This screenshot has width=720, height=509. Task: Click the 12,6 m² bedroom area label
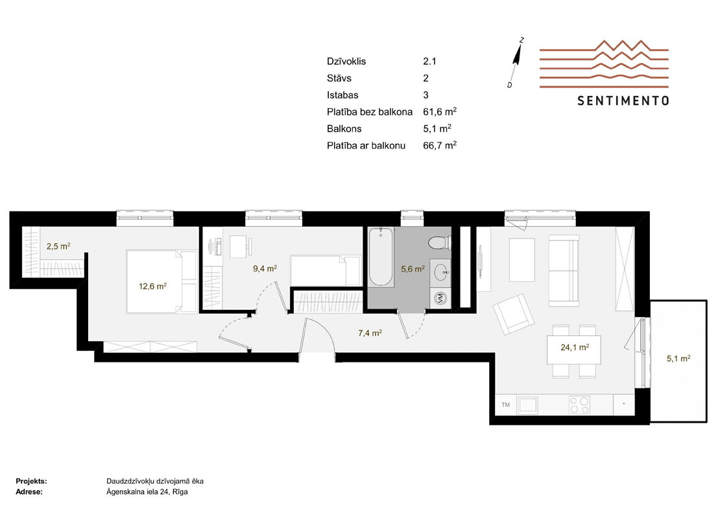coord(152,287)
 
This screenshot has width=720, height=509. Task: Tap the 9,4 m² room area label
coord(265,268)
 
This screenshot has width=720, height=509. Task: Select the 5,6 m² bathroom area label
coord(413,269)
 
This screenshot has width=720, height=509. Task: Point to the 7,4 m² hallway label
coord(370,333)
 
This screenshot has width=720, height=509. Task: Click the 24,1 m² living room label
coord(575,348)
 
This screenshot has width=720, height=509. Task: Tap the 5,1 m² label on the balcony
coord(678,359)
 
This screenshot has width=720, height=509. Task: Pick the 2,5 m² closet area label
coord(58,246)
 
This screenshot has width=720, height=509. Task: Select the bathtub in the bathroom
coord(381,257)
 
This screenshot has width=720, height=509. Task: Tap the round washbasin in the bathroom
coord(442,272)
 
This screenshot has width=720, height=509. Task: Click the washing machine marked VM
coord(440,298)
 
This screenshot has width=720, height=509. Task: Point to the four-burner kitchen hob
coord(579,405)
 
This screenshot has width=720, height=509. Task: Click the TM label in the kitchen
coord(505,405)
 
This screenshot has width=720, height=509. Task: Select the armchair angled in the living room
coord(513,314)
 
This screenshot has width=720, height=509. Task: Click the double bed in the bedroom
coord(162,281)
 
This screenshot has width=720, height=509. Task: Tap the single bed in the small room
coord(326,271)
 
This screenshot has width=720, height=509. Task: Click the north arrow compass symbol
coord(517,62)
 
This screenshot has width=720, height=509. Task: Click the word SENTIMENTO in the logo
coord(623,101)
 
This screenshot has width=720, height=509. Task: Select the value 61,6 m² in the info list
coord(439,112)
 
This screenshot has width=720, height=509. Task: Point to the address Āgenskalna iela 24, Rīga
coord(147,491)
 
